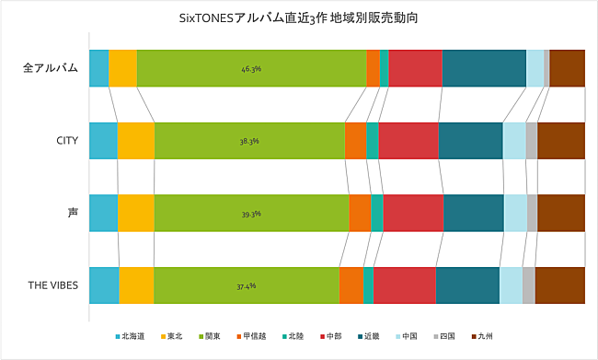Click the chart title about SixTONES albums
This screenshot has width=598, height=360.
299,17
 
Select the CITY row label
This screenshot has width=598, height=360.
67,141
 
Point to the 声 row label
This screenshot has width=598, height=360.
73,213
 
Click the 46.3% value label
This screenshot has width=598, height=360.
251,68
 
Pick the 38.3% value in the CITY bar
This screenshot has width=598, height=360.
248,141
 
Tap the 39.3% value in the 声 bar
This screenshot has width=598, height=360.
251,214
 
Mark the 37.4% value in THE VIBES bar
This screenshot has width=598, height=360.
246,285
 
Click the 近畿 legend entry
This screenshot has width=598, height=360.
367,336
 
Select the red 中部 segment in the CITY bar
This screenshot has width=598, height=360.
408,141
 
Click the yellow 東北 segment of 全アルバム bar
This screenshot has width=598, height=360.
122,68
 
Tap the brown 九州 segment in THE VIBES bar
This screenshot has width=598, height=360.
559,285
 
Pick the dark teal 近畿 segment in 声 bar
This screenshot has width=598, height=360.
474,214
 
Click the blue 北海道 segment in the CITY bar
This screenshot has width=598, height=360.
103,141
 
